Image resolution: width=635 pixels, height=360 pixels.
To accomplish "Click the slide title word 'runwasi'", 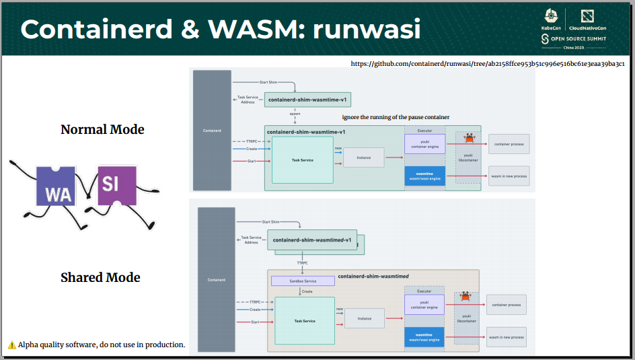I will tap(367, 29).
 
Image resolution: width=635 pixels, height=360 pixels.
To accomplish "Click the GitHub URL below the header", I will tap(488, 64).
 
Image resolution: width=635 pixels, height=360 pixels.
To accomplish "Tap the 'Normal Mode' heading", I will tap(102, 129).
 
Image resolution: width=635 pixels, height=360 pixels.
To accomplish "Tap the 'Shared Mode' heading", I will tap(100, 277).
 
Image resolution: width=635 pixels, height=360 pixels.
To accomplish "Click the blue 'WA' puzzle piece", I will tap(56, 186).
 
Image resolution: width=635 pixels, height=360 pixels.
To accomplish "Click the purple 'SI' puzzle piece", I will tap(117, 184).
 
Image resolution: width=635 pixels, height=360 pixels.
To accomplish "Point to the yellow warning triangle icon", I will tap(12, 345).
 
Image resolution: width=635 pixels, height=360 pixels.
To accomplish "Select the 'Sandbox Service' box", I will tap(302, 281).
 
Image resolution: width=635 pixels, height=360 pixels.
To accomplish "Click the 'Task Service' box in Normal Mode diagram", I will tap(302, 160).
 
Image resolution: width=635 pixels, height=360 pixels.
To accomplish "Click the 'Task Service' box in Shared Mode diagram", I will tap(304, 321).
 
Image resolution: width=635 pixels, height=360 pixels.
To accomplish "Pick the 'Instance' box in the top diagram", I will tap(363, 157).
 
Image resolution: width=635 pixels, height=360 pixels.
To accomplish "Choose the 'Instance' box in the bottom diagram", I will tap(364, 318).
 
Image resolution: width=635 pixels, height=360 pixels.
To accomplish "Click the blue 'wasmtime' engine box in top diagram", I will tap(424, 176).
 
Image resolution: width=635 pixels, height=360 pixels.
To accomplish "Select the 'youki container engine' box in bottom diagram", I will tap(424, 304).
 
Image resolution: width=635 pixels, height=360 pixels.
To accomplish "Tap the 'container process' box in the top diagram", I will tap(509, 144).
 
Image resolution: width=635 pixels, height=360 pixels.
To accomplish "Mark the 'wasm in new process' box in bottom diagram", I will tap(506, 337).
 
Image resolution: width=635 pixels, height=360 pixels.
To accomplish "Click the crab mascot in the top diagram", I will tap(470, 138).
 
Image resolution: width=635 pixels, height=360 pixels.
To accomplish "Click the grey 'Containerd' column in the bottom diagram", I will tap(217, 279).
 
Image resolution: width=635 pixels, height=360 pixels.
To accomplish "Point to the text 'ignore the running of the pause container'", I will tap(396, 117).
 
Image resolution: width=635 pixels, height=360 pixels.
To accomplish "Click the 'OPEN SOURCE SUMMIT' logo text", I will tap(578, 39).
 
